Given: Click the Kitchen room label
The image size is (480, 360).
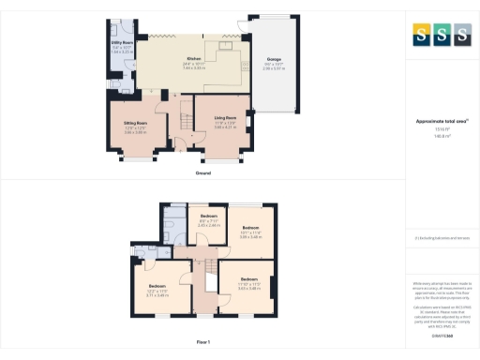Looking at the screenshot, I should [x=194, y=57].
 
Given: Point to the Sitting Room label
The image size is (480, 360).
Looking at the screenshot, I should [x=137, y=123].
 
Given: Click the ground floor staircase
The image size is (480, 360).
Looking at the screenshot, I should [x=172, y=119].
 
